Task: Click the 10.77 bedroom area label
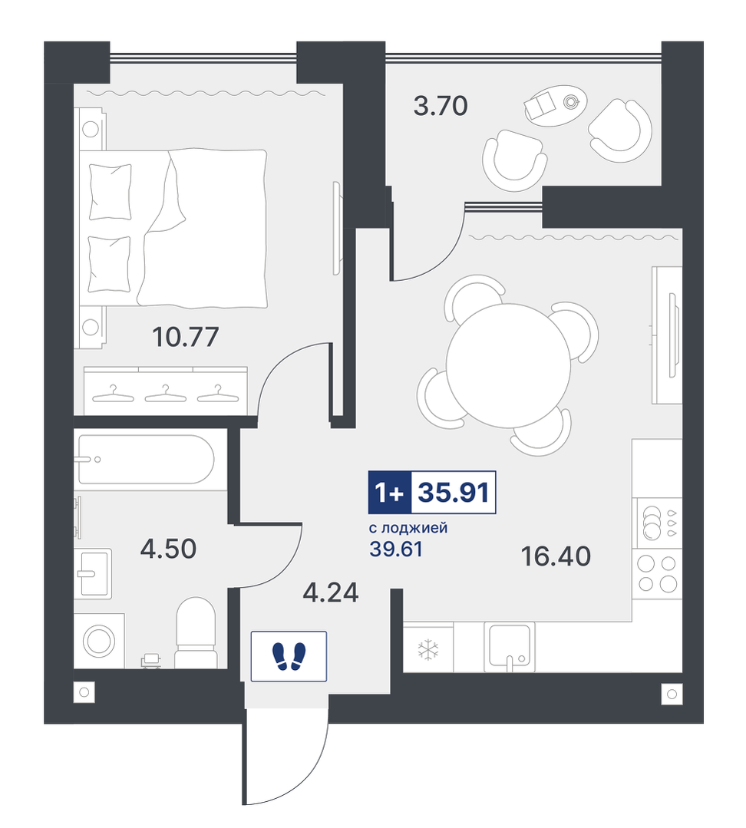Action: [185, 337]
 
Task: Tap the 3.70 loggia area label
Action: [441, 106]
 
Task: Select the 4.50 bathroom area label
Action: [168, 549]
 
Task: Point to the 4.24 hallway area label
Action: [331, 592]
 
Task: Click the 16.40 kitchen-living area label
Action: [556, 556]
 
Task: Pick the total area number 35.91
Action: [454, 492]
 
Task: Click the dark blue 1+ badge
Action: [390, 492]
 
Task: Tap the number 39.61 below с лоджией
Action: [396, 549]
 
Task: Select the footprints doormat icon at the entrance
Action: [289, 656]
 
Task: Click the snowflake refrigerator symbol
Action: [427, 650]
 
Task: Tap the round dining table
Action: [508, 365]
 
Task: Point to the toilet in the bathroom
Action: [196, 632]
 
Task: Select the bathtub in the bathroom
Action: [147, 459]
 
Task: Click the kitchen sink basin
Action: [509, 646]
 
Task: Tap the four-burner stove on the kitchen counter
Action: [657, 574]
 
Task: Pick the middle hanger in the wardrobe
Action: [165, 394]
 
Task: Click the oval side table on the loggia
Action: [555, 106]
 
